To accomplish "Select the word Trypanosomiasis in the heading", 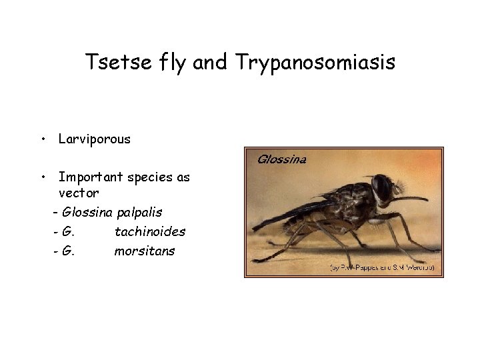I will pos(315,63).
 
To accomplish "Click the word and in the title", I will pos(213,63).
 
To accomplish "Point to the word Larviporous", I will pos(94,139).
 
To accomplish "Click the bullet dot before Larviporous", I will pos(42,140).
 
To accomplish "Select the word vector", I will pos(79,193).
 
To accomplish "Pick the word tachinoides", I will pos(150,232).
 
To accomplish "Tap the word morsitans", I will pos(145,251).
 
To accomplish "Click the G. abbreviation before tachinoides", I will pos(67,232).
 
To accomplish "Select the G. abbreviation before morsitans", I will pos(67,251).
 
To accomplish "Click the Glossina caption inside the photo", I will pos(281,159).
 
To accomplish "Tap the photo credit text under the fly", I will pos(383,267).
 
